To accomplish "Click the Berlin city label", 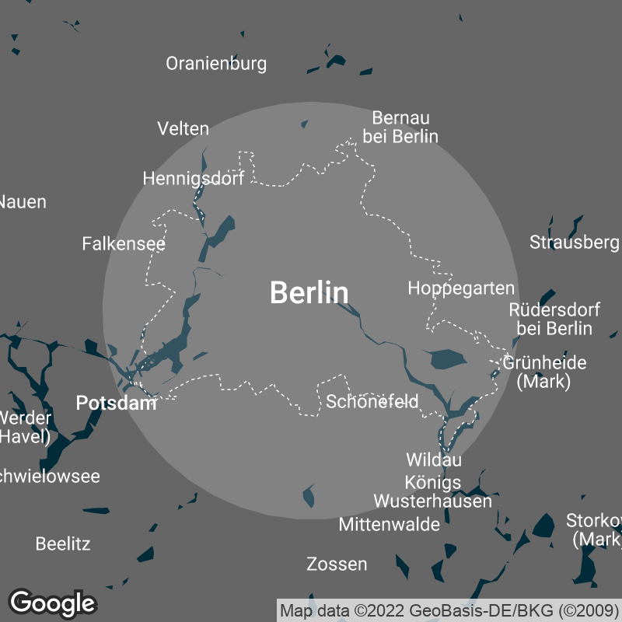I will (309, 293).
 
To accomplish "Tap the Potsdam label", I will (116, 403).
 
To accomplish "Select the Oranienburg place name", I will (216, 64).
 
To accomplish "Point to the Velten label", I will (183, 128).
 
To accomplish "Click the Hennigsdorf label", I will (194, 179).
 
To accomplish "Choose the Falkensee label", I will (124, 244).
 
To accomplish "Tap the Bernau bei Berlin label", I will (400, 128).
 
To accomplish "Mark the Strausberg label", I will (574, 243).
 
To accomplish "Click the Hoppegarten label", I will (461, 288).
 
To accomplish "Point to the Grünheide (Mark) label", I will (545, 372).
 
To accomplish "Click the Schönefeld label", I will (372, 402).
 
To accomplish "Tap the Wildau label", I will (434, 460).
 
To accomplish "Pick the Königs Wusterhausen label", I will (433, 491).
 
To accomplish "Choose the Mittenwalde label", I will (389, 525).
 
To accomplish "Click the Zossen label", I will (337, 564).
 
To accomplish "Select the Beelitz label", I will (63, 543).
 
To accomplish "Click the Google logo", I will (52, 603).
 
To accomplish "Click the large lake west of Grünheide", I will (446, 359).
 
